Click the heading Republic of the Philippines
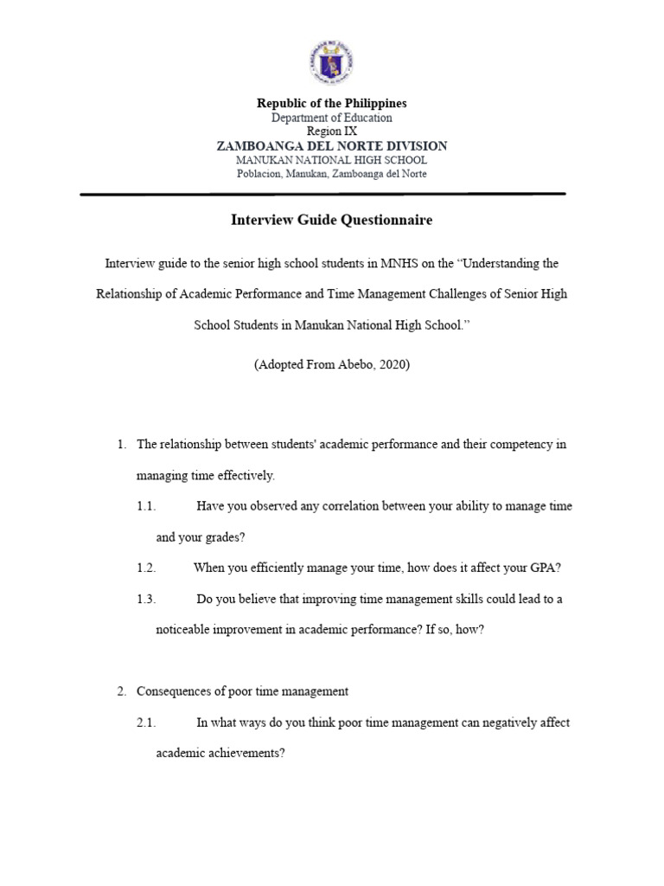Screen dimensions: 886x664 (331, 103)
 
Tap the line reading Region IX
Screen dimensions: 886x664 (331, 132)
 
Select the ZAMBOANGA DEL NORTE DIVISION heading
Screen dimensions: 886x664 (331, 146)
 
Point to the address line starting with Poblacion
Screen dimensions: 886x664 (331, 174)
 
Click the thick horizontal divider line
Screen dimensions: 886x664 (322, 194)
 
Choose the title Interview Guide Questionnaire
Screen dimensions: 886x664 (331, 220)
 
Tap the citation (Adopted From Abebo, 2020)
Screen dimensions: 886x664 (331, 364)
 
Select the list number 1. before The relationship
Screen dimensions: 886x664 (122, 445)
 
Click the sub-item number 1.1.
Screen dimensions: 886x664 (145, 506)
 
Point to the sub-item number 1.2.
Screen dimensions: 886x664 (145, 568)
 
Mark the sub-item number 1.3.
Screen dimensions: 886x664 (145, 599)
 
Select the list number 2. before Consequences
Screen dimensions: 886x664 (122, 691)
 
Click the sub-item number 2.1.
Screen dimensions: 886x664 (145, 722)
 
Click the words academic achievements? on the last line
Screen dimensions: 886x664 (220, 754)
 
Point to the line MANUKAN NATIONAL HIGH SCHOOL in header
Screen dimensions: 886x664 (331, 160)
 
